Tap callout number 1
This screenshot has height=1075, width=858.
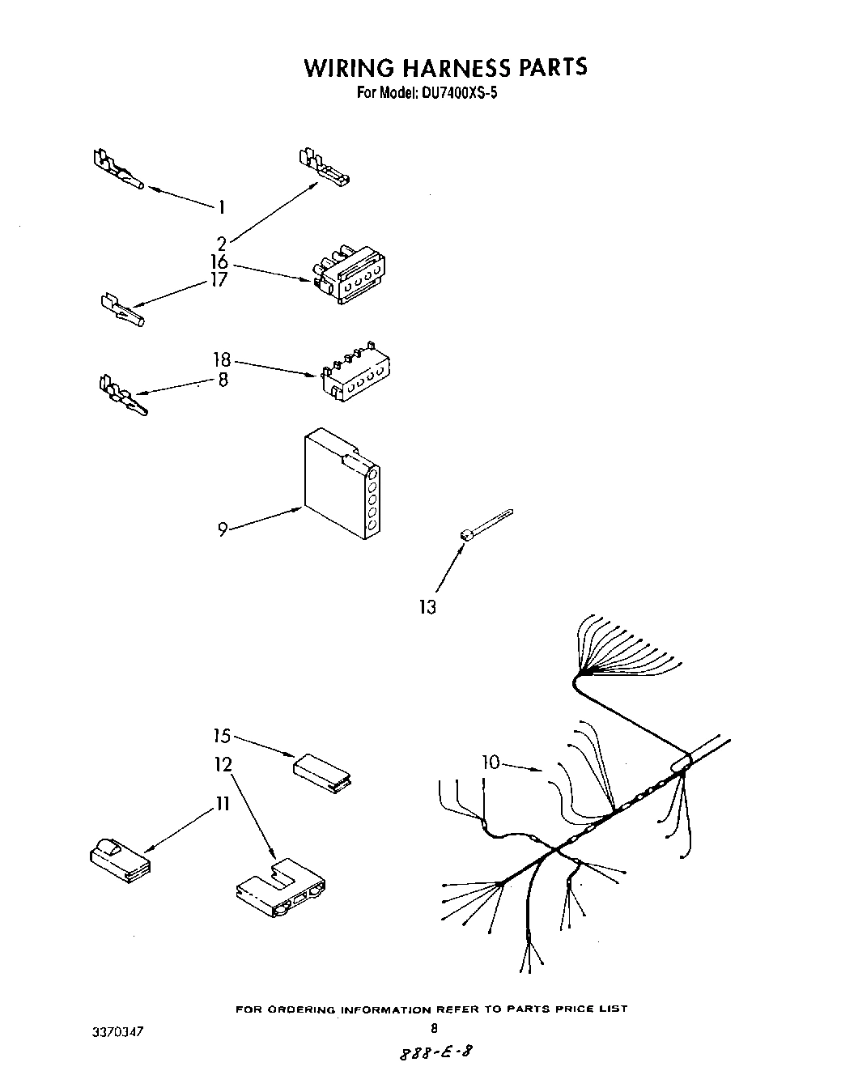[x=219, y=207]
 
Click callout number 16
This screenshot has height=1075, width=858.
[x=219, y=262]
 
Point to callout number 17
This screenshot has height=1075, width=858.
[x=219, y=280]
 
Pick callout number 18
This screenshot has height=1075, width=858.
[x=222, y=360]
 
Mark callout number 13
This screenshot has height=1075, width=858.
[x=427, y=606]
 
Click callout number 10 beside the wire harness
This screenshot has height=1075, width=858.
[x=491, y=762]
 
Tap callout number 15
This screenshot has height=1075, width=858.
[x=222, y=736]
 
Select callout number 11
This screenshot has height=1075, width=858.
[x=222, y=804]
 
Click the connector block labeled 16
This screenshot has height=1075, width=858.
[x=348, y=275]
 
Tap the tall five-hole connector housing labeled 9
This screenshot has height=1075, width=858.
[x=341, y=483]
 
